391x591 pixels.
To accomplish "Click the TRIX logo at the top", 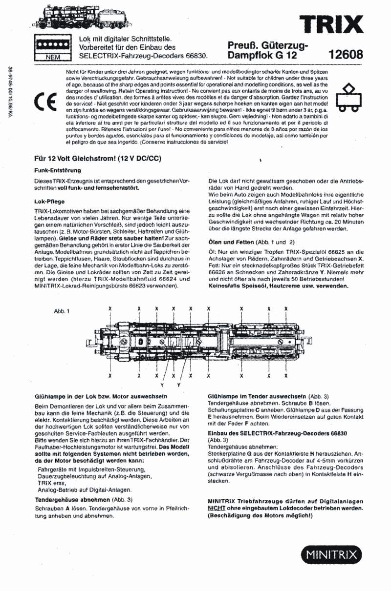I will pyautogui.click(x=333, y=23).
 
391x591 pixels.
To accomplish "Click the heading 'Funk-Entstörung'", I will pyautogui.click(x=57, y=170).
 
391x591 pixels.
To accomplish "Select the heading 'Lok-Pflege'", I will pyautogui.click(x=50, y=201).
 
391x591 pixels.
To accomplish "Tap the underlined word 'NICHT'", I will pyautogui.click(x=217, y=508).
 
